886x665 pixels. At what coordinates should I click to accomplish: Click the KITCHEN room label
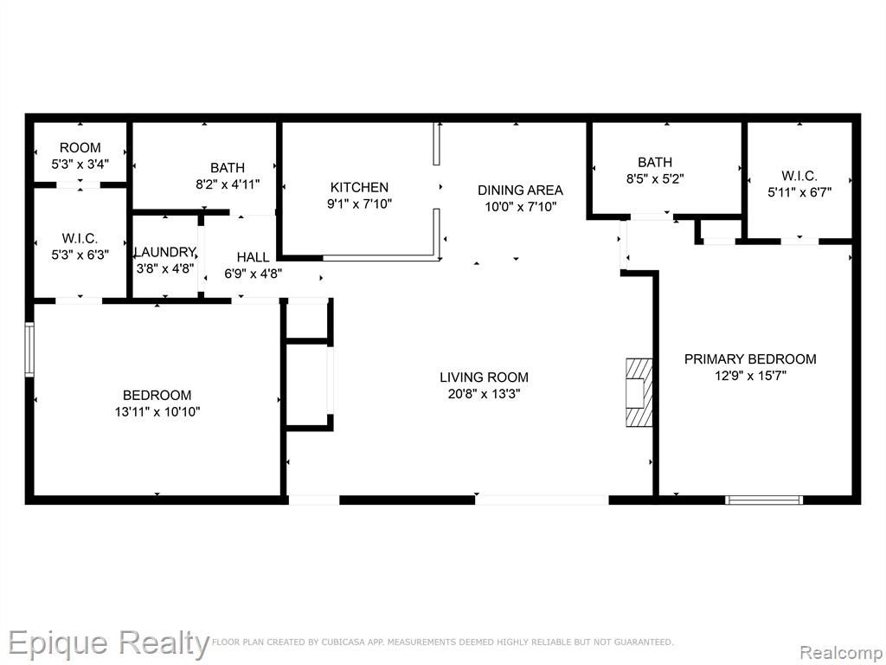pos(359,187)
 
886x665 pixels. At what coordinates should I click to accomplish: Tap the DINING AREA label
pos(520,190)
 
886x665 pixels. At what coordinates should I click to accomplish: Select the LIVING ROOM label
pos(485,378)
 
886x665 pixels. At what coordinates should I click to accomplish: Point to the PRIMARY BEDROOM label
pos(750,359)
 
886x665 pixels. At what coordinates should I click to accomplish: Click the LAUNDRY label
pos(165,252)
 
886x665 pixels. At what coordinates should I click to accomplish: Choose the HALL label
pos(254,257)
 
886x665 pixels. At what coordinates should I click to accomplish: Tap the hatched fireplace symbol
pos(639,392)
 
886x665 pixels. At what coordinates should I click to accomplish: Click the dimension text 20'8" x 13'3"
pos(485,394)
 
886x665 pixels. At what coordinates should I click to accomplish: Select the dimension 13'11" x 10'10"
pos(157,411)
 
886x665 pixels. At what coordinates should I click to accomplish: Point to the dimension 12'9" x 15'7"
pos(750,376)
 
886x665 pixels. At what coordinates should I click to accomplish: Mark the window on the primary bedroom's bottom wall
pos(764,500)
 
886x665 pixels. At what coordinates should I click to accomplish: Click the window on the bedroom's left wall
pos(29,350)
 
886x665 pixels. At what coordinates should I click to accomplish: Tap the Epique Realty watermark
pos(108,644)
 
